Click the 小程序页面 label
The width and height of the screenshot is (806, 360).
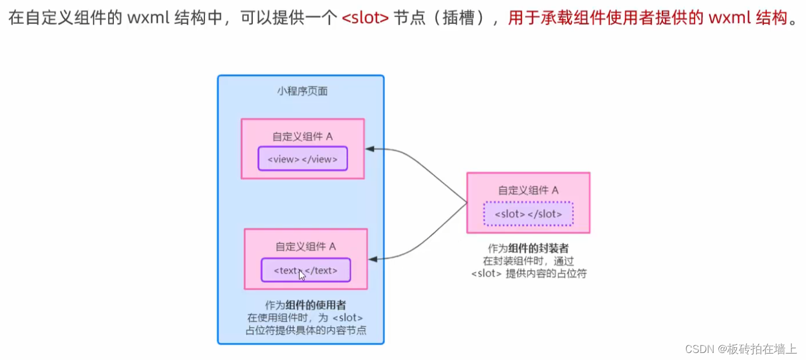click(x=302, y=92)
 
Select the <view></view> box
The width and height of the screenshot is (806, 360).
click(x=303, y=159)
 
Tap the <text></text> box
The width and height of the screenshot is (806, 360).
click(x=306, y=271)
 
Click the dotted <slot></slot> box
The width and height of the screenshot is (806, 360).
click(x=529, y=214)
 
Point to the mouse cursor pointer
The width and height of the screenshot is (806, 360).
click(x=301, y=274)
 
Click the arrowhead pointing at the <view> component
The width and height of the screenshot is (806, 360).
click(x=370, y=149)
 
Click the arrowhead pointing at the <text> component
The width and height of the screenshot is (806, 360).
click(x=373, y=258)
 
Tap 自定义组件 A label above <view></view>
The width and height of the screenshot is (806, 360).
click(x=303, y=137)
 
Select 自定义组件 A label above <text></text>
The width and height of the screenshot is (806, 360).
click(x=306, y=247)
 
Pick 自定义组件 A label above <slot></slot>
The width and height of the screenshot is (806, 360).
click(x=529, y=191)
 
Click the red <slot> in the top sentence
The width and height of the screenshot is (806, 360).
click(x=365, y=19)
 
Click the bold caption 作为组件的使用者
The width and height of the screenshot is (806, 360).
click(x=305, y=305)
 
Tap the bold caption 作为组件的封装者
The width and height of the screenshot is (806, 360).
click(x=528, y=248)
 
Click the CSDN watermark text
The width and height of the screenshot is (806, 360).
click(x=741, y=349)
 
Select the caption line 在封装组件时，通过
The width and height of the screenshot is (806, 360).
click(x=528, y=261)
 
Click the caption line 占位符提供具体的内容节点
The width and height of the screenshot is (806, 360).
click(x=305, y=330)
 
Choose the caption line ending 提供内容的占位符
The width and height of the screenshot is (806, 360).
click(x=528, y=273)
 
